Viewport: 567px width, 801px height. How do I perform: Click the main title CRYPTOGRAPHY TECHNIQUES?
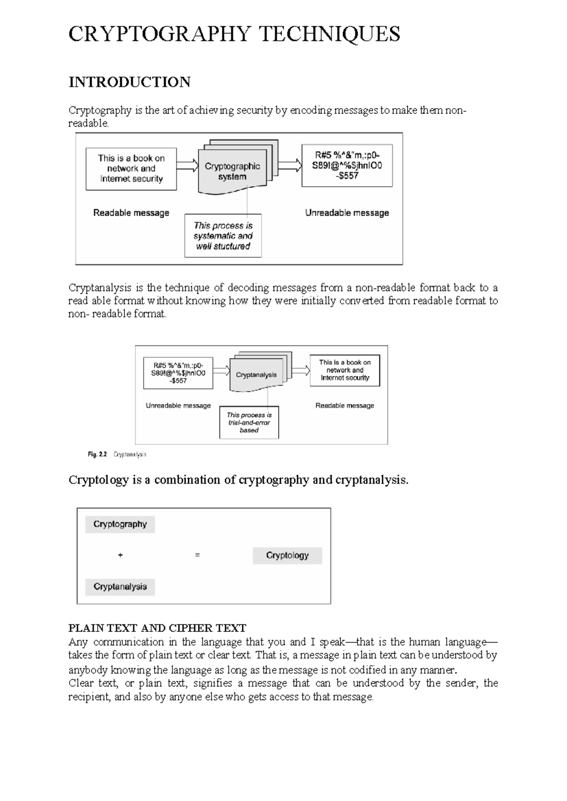point(234,34)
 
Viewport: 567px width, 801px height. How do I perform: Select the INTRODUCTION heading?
point(129,82)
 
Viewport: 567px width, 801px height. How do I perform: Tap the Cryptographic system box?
point(232,171)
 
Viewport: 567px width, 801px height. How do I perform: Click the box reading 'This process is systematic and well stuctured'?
point(223,236)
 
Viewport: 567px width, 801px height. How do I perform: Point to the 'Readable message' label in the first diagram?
point(131,213)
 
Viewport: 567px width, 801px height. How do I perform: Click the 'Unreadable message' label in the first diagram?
point(347,213)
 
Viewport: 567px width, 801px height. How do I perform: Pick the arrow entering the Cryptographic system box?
point(187,166)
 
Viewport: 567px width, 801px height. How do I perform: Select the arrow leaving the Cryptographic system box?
point(290,166)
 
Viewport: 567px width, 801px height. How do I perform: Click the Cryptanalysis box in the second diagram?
point(256,375)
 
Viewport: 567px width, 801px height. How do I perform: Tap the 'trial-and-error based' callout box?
point(249,423)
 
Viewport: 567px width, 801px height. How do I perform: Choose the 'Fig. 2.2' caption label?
point(97,454)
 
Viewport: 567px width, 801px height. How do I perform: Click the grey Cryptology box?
point(287,555)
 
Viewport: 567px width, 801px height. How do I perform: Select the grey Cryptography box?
point(120,524)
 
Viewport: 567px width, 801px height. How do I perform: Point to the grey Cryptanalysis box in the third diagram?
point(120,587)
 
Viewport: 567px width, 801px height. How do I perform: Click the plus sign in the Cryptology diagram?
point(120,555)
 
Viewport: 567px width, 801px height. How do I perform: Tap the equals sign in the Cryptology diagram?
point(198,555)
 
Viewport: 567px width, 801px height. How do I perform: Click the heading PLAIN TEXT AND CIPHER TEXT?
point(157,628)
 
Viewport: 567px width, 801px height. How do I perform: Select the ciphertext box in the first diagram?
point(347,165)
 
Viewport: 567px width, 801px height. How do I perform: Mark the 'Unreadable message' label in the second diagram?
point(178,406)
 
